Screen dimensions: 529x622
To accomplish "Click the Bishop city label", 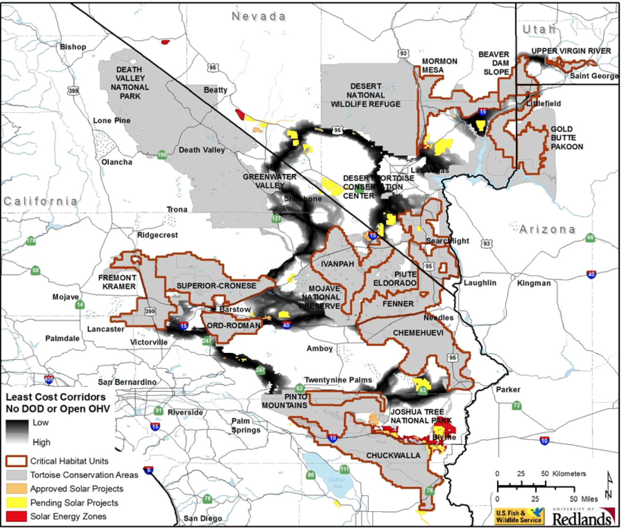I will click(x=73, y=47).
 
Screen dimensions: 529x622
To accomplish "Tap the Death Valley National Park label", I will click(x=130, y=83).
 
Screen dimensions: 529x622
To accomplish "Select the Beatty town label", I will click(x=215, y=90).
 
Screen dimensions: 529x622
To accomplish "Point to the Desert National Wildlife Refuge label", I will click(x=366, y=95).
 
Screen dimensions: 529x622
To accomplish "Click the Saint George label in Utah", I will click(x=593, y=76).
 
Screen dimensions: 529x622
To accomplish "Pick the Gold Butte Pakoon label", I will click(x=566, y=138).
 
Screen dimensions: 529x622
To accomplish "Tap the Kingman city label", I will click(x=534, y=283).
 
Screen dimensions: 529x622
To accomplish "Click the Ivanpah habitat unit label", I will click(x=337, y=264).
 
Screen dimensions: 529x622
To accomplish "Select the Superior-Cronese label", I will click(x=216, y=286).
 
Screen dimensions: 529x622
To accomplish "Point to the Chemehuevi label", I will click(x=418, y=333).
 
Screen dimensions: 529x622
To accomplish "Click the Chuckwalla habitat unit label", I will click(x=393, y=456).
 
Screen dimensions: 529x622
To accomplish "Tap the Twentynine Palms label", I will click(x=338, y=380).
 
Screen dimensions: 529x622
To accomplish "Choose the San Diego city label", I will click(x=202, y=518).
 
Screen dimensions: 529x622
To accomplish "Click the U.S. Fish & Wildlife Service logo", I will click(x=519, y=516).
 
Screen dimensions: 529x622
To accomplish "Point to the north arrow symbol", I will click(x=609, y=485).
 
